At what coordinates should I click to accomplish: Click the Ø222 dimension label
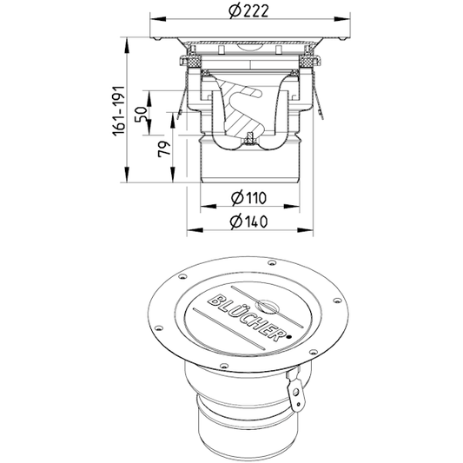click(249, 12)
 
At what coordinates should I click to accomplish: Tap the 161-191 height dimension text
click(119, 111)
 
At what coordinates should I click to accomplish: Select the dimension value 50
click(141, 115)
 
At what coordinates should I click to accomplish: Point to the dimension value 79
click(164, 149)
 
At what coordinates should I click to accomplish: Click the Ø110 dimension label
click(248, 198)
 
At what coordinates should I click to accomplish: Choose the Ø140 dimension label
click(248, 222)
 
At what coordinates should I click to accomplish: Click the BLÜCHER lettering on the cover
click(247, 317)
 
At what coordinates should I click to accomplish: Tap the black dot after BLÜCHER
click(289, 336)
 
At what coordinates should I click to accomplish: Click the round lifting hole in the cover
click(267, 307)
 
